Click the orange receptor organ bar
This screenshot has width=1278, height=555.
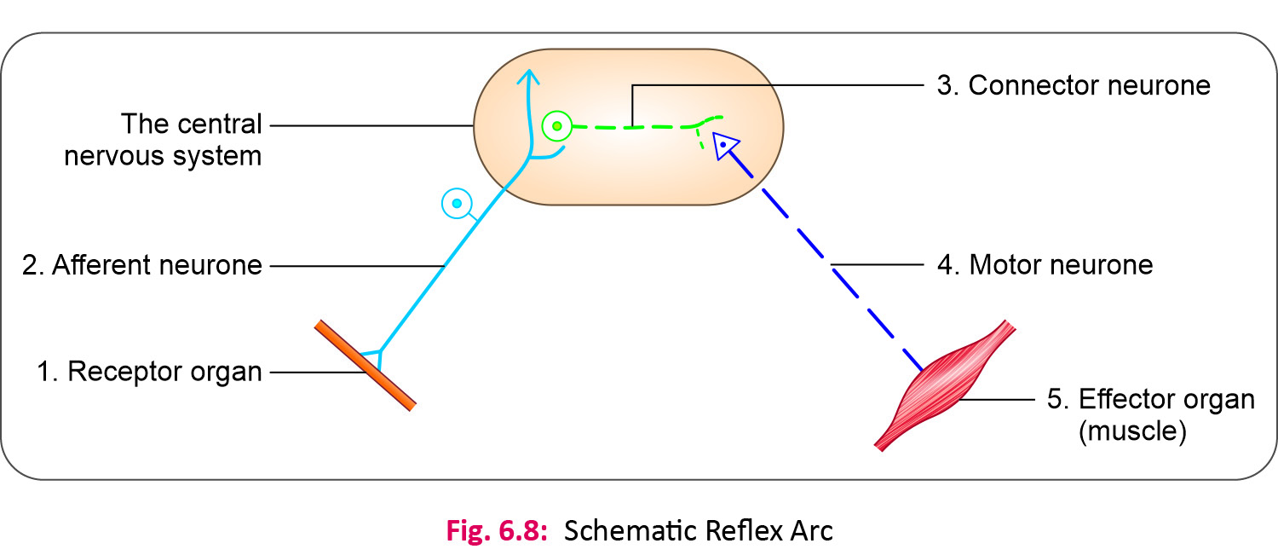[x=365, y=366]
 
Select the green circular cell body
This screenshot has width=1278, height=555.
[x=556, y=127]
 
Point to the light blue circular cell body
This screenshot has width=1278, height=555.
[x=457, y=203]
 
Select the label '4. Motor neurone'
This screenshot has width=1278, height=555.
[x=1045, y=265]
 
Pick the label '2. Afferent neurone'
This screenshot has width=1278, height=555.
[x=142, y=265]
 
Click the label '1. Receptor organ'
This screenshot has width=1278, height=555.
[x=149, y=373]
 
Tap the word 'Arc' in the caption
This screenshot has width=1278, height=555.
[x=810, y=530]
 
